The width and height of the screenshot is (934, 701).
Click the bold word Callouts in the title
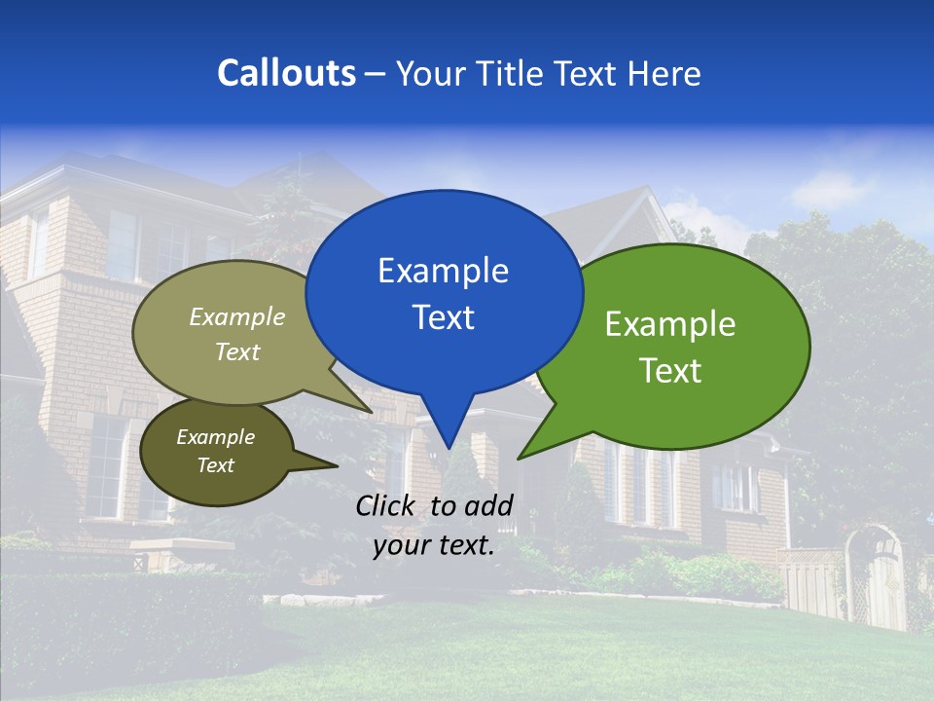[x=287, y=73]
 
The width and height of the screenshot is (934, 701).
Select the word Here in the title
[x=665, y=73]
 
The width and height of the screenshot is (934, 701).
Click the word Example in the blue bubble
[x=443, y=271]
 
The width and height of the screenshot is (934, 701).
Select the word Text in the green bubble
[x=670, y=371]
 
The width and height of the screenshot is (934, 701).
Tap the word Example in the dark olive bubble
[x=215, y=437]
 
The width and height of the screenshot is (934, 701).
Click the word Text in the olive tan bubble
[x=237, y=351]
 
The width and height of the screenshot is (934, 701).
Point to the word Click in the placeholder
[x=385, y=505]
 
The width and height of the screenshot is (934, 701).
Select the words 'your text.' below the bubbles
[x=434, y=545]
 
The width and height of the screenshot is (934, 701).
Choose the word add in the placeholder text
[x=488, y=505]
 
